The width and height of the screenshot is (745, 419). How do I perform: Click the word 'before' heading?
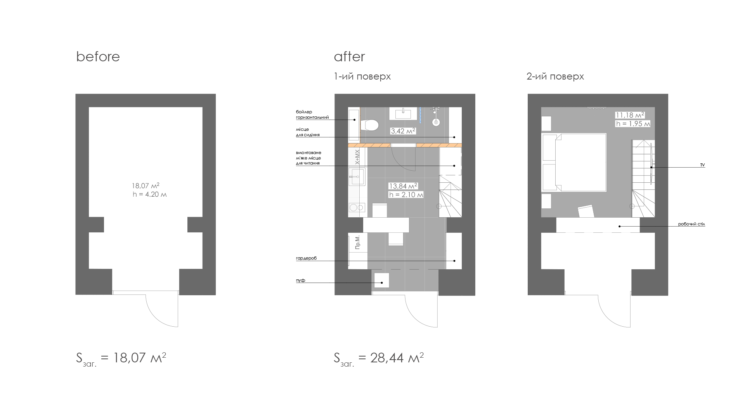(98, 57)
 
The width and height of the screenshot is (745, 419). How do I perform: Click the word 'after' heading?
(349, 57)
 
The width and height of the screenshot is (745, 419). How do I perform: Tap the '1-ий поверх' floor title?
(362, 76)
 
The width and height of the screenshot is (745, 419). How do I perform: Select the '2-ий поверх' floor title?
(555, 76)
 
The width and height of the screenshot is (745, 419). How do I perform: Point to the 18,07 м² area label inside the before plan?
(146, 186)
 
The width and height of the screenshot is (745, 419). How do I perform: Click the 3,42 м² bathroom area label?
(403, 131)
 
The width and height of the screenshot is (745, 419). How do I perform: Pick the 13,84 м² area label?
(404, 186)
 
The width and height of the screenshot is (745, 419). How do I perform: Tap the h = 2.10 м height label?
(406, 195)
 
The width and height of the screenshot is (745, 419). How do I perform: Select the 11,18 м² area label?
(630, 115)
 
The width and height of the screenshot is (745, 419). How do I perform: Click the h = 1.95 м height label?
(632, 124)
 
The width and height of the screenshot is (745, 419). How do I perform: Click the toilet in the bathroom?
(369, 125)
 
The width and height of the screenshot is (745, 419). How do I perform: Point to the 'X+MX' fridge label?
(357, 157)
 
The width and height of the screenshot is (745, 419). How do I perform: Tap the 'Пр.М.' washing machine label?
(358, 242)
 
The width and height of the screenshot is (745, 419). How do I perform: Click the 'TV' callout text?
(702, 165)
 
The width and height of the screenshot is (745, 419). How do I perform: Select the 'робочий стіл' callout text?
(691, 224)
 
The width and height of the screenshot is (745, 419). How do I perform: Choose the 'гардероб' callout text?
(306, 258)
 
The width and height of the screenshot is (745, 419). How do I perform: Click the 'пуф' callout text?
(300, 280)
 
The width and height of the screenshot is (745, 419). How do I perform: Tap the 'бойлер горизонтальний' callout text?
(312, 114)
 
